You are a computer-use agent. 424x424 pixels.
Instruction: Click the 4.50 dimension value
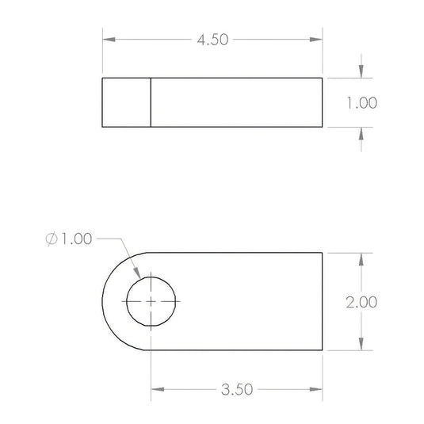pos(212,40)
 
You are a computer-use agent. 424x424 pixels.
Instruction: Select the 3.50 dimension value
pos(237,389)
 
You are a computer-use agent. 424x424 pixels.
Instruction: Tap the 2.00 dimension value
pos(361,302)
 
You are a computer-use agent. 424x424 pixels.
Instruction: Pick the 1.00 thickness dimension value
pos(362,103)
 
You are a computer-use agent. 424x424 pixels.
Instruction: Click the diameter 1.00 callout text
pos(69,239)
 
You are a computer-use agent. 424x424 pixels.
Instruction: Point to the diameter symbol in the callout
pos(52,239)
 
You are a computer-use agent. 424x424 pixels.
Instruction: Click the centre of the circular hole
pos(151,301)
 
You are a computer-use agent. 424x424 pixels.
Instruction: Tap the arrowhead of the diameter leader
pos(137,273)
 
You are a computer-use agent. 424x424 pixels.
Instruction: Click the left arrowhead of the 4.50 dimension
pos(109,40)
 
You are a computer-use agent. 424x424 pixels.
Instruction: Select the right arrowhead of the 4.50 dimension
pos(316,40)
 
